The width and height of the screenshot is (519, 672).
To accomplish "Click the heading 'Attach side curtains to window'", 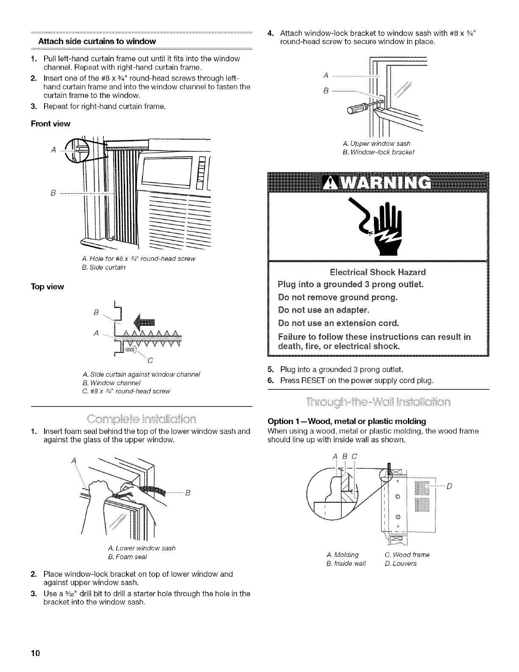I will click(97, 42).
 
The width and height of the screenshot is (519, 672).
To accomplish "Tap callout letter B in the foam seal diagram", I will click(187, 493).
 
